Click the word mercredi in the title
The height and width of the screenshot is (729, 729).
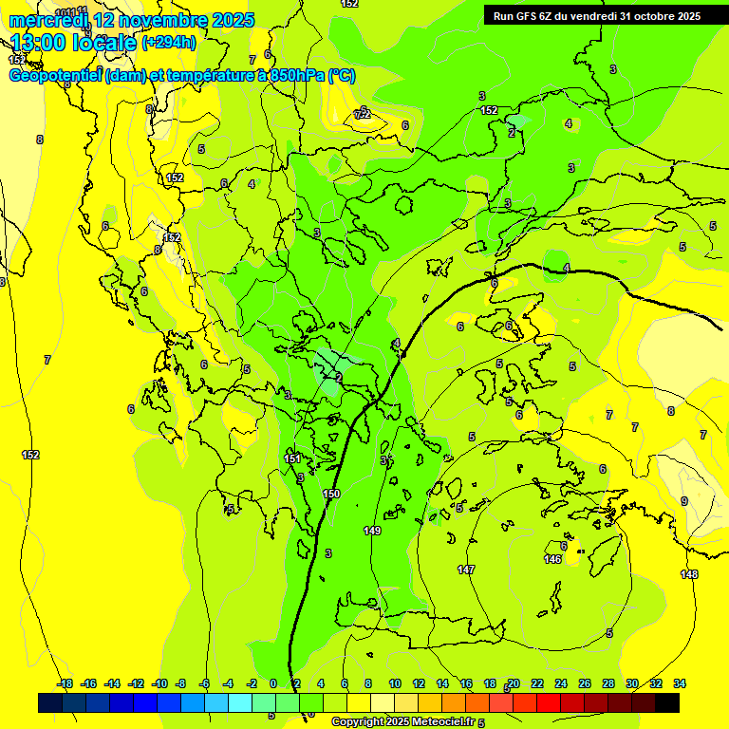[x=47, y=20]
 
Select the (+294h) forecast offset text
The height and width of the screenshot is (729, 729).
[x=169, y=42]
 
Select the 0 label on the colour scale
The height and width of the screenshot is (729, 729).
[x=273, y=683]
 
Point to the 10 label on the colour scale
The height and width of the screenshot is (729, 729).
[x=394, y=683]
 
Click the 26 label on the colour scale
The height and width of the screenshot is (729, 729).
[x=584, y=683]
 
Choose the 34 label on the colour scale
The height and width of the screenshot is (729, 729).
[x=680, y=683]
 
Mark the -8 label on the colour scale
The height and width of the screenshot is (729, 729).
[x=181, y=683]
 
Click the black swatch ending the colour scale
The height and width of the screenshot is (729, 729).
[x=667, y=702]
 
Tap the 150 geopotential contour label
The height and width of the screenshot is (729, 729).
[x=331, y=495]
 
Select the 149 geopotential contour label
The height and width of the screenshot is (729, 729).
[x=372, y=531]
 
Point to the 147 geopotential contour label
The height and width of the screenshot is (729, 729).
[x=465, y=570]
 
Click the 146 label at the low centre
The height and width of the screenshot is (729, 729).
[x=552, y=559]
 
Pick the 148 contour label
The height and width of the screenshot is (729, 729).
[x=689, y=574]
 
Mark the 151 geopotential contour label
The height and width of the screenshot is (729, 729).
[x=293, y=459]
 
